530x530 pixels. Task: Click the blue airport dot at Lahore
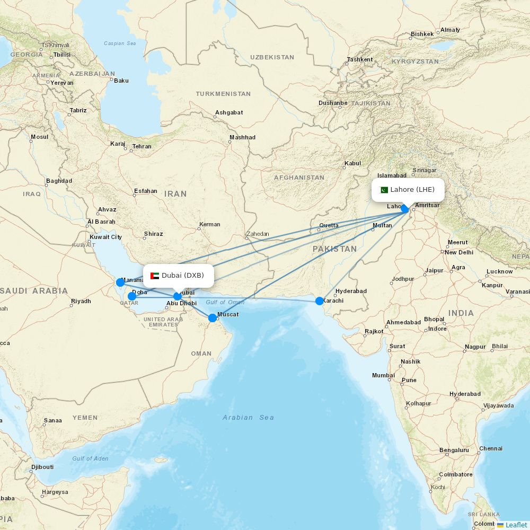pos(405,209)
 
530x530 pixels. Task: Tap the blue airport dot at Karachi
pos(320,301)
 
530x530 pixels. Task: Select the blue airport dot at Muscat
pos(213,318)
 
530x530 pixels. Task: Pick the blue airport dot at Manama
pos(120,282)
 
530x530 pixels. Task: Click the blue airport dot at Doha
pos(132,296)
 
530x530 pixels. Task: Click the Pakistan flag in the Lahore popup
pos(384,190)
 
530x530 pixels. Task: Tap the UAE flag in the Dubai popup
pos(155,276)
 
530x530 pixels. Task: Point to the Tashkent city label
pos(360,59)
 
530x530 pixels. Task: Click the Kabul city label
pos(352,163)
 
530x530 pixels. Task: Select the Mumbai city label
pos(383,375)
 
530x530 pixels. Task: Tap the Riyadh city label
pos(81,301)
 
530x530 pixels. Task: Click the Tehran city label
pos(142,146)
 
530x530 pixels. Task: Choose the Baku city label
pos(121,81)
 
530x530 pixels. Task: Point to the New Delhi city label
pos(458,252)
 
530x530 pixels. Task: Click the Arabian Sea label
pos(248,418)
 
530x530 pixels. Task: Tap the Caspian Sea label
pos(120,43)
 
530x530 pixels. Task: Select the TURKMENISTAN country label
pos(223,94)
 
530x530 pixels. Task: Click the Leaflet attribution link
pos(516,525)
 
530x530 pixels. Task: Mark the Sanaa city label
pos(53,420)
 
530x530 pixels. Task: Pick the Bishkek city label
pos(422,34)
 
